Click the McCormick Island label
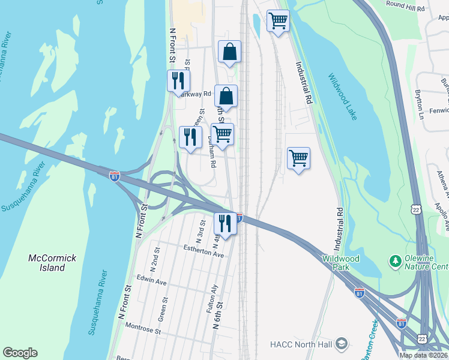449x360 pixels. pyautogui.click(x=53, y=263)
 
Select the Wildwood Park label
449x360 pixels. pyautogui.click(x=341, y=262)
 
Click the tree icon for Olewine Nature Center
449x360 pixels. pyautogui.click(x=395, y=260)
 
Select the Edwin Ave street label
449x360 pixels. pyautogui.click(x=151, y=280)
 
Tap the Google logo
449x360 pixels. pyautogui.click(x=20, y=353)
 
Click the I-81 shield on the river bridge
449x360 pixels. pyautogui.click(x=114, y=176)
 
